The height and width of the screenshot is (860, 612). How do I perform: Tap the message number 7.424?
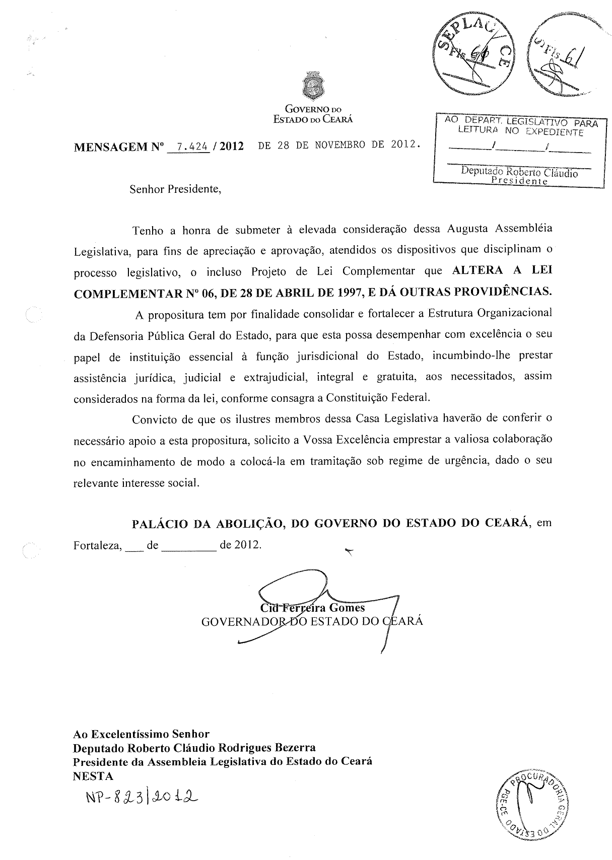coord(189,147)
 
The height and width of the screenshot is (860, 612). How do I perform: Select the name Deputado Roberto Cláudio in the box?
coord(519,173)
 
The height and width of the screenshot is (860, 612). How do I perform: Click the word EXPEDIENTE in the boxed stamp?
coord(554,133)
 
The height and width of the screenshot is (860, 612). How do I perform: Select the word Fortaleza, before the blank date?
coord(98,545)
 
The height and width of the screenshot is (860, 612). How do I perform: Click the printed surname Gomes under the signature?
coord(347,608)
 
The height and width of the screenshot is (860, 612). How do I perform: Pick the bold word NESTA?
coord(93,776)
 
